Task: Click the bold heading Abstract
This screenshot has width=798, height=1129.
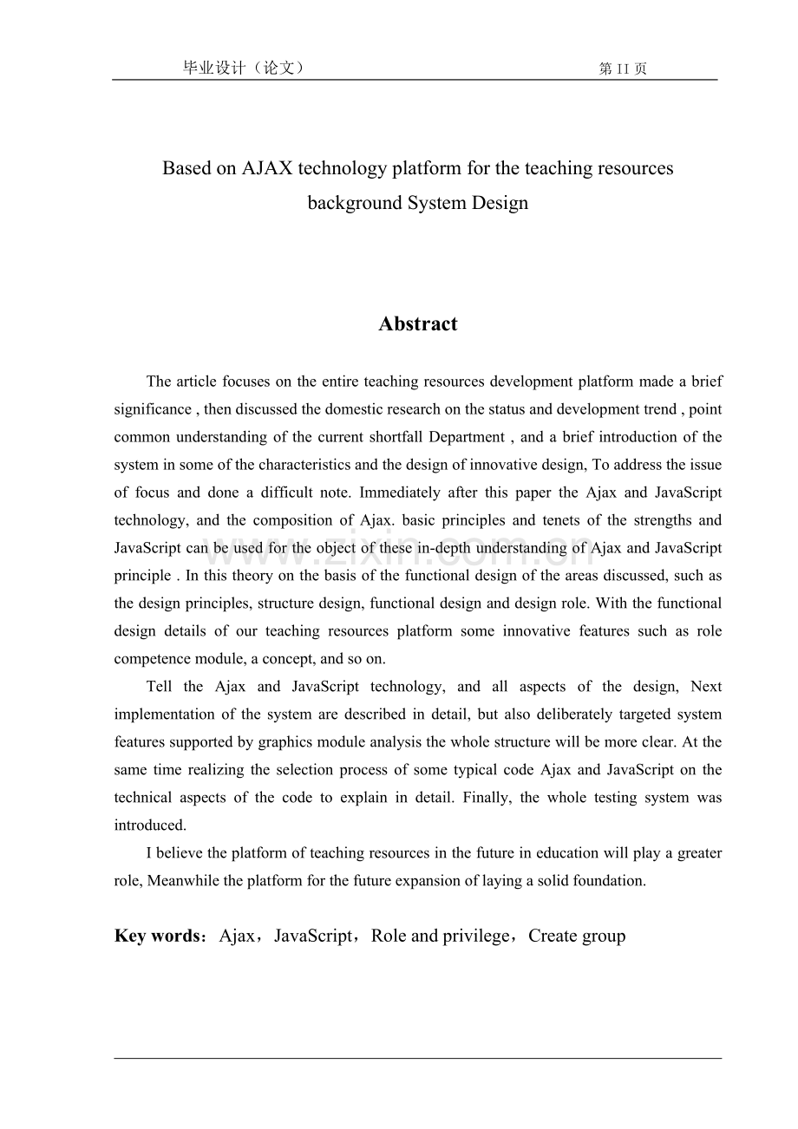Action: [417, 324]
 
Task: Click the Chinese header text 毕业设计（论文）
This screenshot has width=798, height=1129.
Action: [244, 69]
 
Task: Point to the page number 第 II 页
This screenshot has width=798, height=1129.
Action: [623, 69]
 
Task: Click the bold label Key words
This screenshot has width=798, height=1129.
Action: [157, 936]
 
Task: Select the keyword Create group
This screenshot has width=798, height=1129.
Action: [577, 936]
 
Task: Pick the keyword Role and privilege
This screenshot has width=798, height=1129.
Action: [441, 936]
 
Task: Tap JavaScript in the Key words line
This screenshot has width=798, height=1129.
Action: [313, 936]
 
